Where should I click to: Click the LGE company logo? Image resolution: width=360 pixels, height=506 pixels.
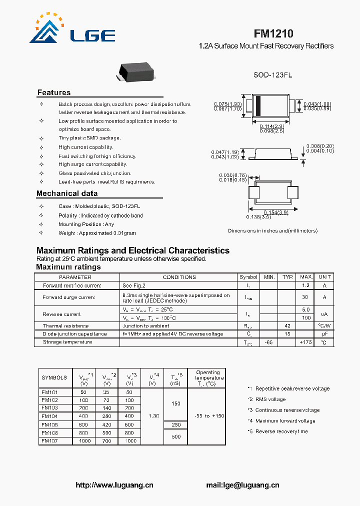tap(72, 30)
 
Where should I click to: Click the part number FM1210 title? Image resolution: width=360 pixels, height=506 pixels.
tap(273, 33)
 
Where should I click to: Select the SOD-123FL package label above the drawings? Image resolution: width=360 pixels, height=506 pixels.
tap(272, 74)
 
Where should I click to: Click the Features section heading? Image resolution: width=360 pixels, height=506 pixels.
tap(54, 92)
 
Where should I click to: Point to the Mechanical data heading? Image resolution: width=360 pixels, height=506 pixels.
tap(67, 193)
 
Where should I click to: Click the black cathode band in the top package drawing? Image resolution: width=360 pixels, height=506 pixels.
tap(258, 106)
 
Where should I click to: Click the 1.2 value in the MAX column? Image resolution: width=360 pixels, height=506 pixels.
tap(305, 285)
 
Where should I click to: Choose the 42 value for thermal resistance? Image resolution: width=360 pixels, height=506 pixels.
tap(287, 325)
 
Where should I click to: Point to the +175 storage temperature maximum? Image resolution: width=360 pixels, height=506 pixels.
tap(305, 342)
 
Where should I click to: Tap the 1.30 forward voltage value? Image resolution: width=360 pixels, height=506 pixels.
tap(154, 416)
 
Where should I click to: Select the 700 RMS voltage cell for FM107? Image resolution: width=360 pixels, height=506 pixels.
tap(106, 441)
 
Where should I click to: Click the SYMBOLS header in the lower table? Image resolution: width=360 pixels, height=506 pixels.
tap(54, 378)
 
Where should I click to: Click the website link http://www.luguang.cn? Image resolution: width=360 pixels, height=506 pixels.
tap(114, 485)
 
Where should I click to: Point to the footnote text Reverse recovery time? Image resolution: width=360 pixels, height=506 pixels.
tap(281, 431)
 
